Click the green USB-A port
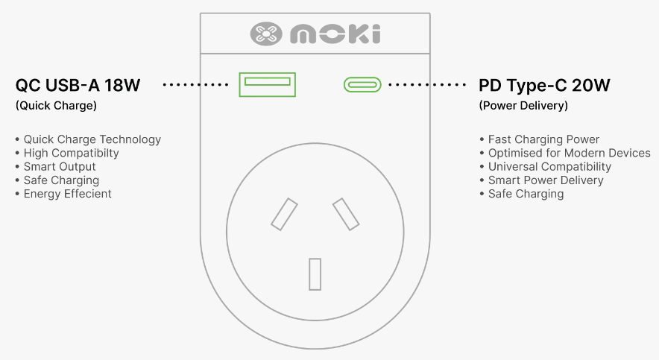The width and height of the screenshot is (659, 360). click(268, 84)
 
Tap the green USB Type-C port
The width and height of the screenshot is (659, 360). click(362, 84)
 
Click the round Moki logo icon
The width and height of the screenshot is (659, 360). click(266, 34)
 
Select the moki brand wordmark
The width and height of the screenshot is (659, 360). click(335, 34)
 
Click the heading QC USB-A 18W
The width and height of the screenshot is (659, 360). click(78, 85)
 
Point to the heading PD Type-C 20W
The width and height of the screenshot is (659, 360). click(544, 85)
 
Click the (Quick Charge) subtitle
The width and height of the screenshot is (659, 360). click(56, 105)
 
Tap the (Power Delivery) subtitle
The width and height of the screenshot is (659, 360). click(523, 105)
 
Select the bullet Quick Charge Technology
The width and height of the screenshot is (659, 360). click(92, 139)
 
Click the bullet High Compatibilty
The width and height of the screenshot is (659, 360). click(71, 153)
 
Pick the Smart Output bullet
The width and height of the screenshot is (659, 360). click(60, 167)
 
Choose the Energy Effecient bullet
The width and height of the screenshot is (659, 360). click(67, 194)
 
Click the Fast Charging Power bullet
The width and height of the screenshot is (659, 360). click(543, 139)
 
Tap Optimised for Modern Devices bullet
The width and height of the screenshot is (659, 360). click(569, 153)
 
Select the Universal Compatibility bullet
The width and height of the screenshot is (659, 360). click(549, 167)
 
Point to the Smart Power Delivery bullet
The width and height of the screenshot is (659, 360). click(546, 180)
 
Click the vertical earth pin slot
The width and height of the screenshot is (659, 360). click(315, 274)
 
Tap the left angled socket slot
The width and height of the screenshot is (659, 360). click(284, 214)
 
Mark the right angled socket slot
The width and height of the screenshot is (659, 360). click(346, 214)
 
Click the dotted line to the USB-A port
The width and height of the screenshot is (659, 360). click(195, 85)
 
